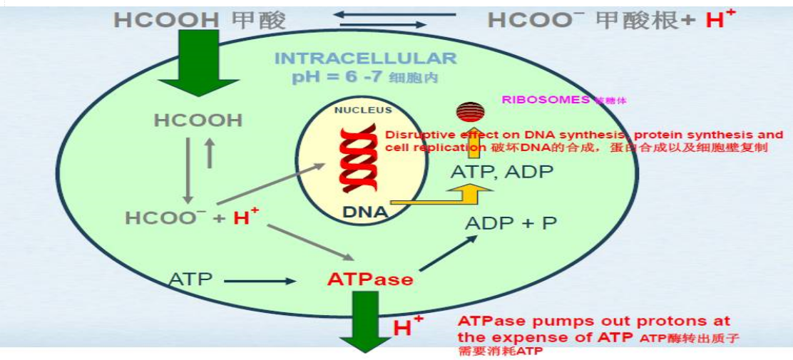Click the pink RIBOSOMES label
pyautogui.click(x=546, y=100)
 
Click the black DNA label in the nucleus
pyautogui.click(x=364, y=212)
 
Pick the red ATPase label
pyautogui.click(x=370, y=279)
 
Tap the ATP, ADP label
pyautogui.click(x=492, y=172)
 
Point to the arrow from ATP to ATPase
pyautogui.click(x=258, y=281)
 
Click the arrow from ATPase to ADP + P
pyautogui.click(x=448, y=253)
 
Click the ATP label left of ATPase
pyautogui.click(x=190, y=279)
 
